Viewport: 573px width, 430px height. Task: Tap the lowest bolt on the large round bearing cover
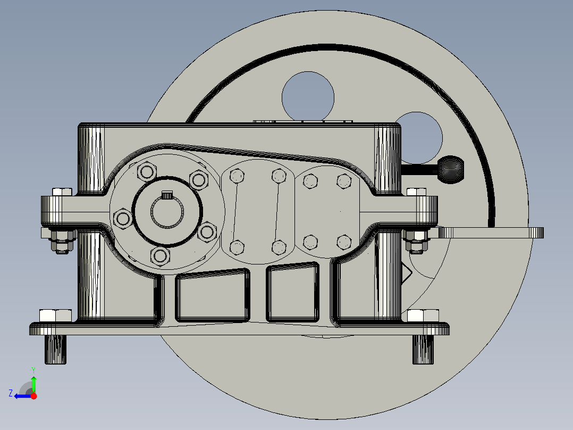point(160,256)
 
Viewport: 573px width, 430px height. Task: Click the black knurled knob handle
point(451,169)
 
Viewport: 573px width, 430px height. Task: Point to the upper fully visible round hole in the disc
point(308,96)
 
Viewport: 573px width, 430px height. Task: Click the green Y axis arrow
point(33,382)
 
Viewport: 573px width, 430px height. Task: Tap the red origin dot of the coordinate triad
point(34,396)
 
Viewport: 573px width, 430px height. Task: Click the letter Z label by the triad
point(10,393)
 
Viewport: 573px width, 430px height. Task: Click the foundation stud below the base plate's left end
point(55,349)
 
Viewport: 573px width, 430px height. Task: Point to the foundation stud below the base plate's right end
point(424,349)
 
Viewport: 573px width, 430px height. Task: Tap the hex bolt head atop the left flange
point(62,192)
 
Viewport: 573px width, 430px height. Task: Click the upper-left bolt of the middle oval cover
point(237,175)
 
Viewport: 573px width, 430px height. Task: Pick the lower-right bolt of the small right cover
point(344,242)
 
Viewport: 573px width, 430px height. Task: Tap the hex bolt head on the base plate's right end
point(423,315)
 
